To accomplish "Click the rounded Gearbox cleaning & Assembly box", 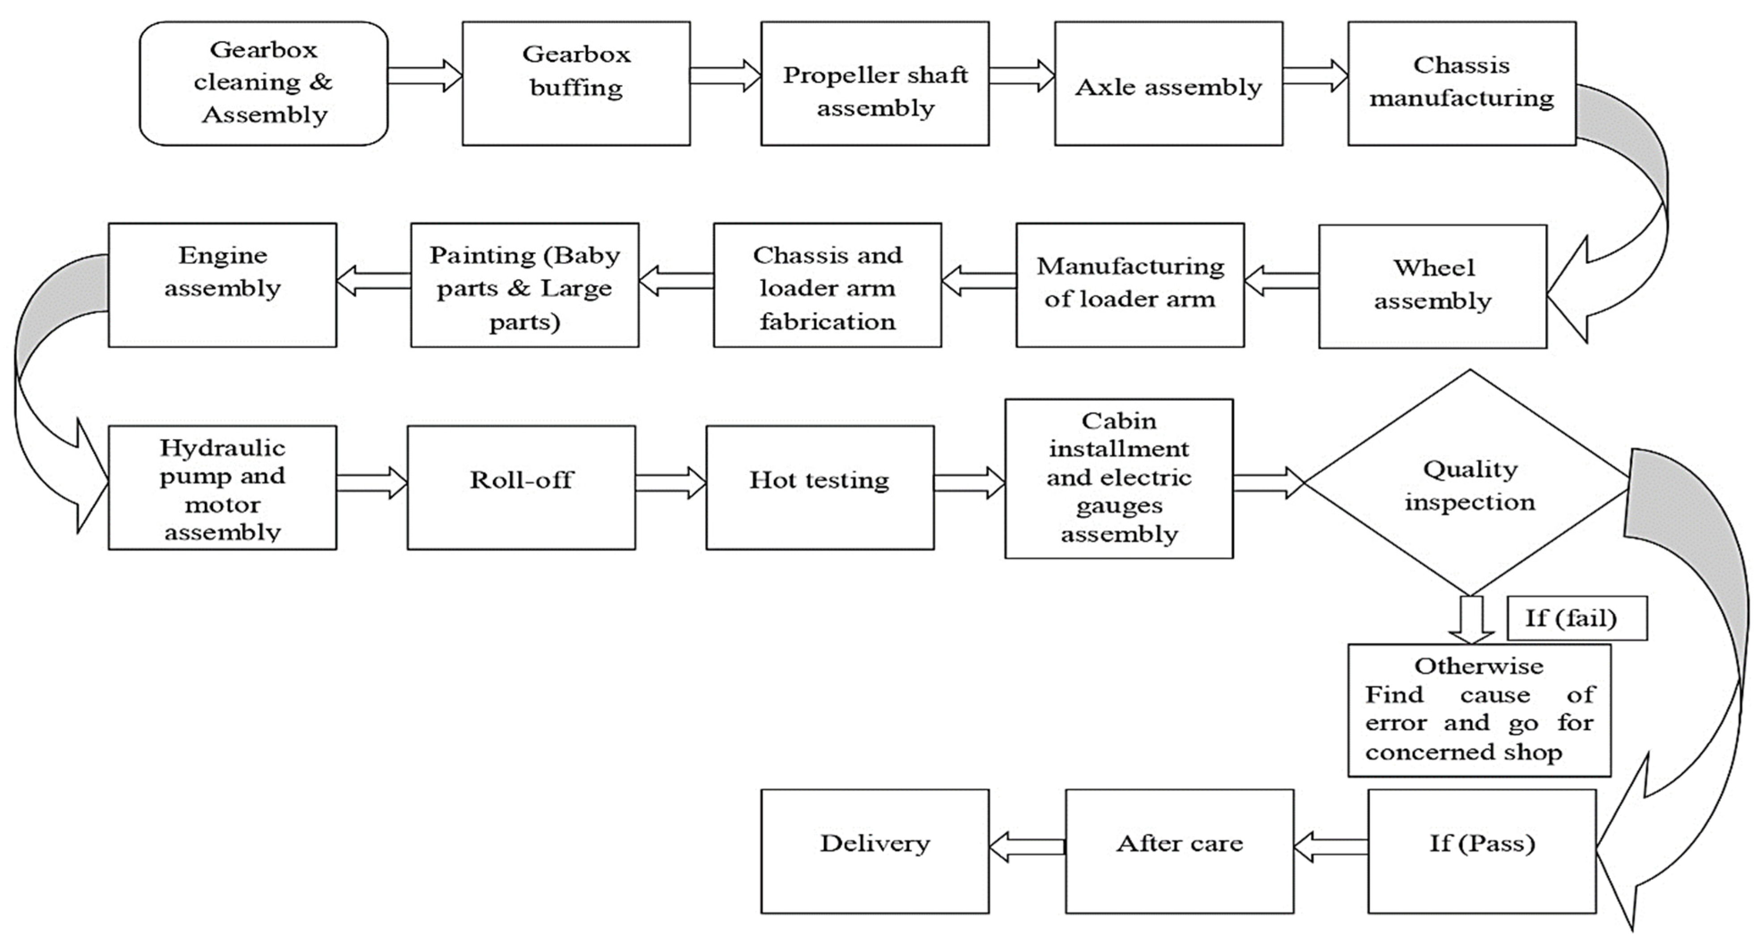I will coord(263,83).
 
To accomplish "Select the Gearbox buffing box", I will coord(576,83).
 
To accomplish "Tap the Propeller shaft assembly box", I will coord(875,83).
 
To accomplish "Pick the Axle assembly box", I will coord(1168,83).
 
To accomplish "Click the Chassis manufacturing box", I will coord(1462,83).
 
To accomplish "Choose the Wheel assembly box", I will coord(1432,286).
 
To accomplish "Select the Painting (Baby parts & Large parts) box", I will coord(524,285).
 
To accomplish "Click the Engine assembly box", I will coord(222,285).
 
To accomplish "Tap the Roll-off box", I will coord(521,487).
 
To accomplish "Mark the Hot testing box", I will coord(820,487).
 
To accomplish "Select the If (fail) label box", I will coord(1577,618).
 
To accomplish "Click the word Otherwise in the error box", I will coord(1479,666).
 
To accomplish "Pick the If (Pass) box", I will coord(1482,850).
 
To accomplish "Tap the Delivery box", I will coord(875,850).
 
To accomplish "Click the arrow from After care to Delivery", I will coord(1027,847).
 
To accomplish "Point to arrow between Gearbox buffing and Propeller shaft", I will coord(725,75).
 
